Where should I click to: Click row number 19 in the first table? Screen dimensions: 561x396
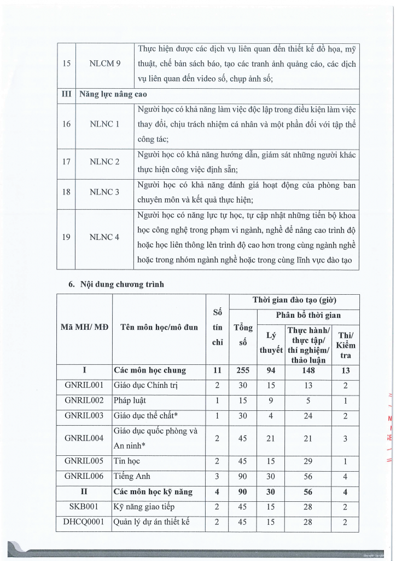pos(66,237)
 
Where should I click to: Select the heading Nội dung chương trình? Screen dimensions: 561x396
pos(116,284)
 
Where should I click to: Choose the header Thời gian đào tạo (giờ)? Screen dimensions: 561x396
pos(294,301)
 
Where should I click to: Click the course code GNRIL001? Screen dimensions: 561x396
pos(84,385)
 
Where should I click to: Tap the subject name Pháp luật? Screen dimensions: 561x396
pos(130,400)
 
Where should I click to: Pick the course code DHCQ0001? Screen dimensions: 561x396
pos(84,523)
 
